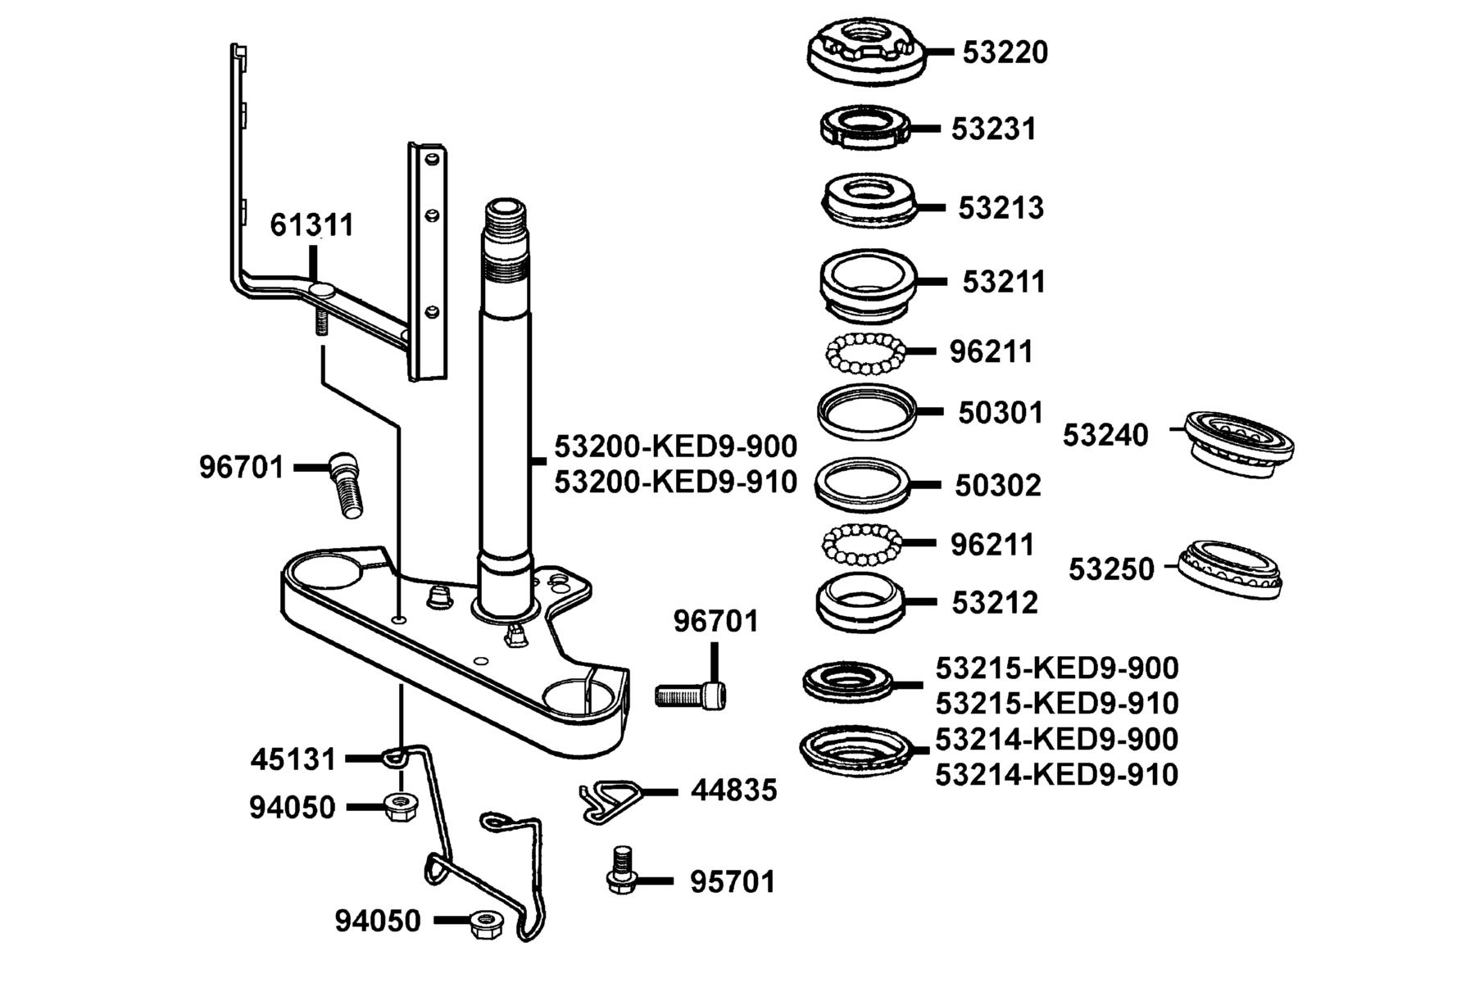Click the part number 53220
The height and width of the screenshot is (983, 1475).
pyautogui.click(x=1005, y=52)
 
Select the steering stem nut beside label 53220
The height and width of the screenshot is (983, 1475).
pyautogui.click(x=867, y=51)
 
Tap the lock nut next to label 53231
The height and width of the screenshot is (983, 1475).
pyautogui.click(x=865, y=128)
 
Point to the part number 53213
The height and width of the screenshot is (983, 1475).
pyautogui.click(x=1001, y=208)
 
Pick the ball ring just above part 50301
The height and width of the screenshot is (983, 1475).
pyautogui.click(x=865, y=353)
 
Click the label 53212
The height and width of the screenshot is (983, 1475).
pyautogui.click(x=995, y=603)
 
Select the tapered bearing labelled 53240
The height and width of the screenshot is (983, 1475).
pyautogui.click(x=1240, y=442)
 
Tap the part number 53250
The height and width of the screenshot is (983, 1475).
pyautogui.click(x=1111, y=569)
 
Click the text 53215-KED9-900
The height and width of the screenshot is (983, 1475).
pyautogui.click(x=1057, y=668)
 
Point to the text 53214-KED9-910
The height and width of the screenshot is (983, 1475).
pyautogui.click(x=1057, y=774)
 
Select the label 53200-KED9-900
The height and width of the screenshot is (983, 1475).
pyautogui.click(x=676, y=446)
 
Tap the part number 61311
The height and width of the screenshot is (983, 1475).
pyautogui.click(x=312, y=224)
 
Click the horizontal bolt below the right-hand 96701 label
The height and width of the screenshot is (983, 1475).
pyautogui.click(x=692, y=696)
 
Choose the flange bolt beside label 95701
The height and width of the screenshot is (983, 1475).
pyautogui.click(x=622, y=870)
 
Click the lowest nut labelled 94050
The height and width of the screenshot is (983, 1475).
pyautogui.click(x=486, y=924)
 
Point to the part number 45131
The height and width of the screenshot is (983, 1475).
pyautogui.click(x=293, y=759)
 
